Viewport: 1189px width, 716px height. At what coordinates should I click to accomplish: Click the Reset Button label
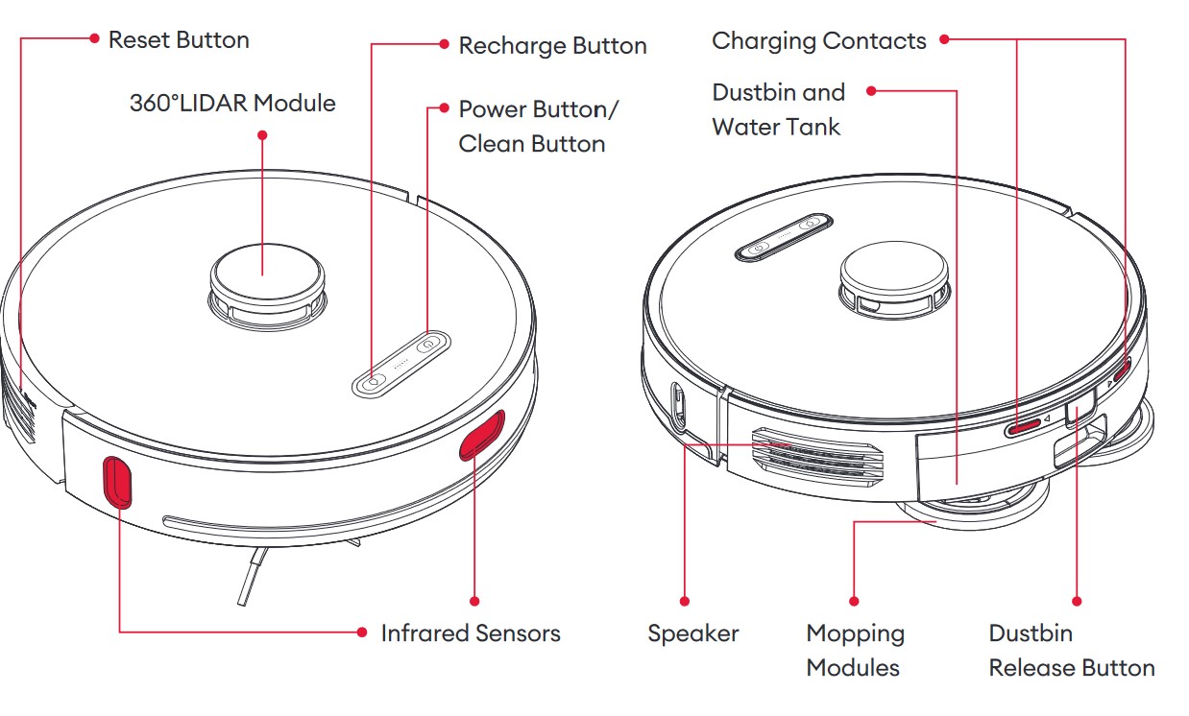coord(179,40)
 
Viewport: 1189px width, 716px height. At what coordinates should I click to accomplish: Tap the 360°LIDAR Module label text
coord(232,103)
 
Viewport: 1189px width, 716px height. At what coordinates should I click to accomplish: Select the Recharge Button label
coord(552,46)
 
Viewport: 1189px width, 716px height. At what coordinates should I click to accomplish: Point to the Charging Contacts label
coord(818,41)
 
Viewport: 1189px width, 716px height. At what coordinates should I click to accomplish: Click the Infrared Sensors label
coord(470,633)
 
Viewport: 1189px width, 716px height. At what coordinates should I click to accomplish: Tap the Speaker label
coord(692,633)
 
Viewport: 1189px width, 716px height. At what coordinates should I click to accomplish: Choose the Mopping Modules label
coord(854,651)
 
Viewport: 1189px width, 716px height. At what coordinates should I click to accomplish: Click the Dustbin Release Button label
coord(1071,651)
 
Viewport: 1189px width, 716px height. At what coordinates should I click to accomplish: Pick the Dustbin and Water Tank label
coord(778,109)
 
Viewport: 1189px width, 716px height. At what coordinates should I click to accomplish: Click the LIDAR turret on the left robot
coord(263,274)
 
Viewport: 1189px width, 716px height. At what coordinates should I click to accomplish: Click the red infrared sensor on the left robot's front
coord(117,481)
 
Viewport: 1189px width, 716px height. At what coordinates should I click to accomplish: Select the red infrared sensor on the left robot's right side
coord(481,434)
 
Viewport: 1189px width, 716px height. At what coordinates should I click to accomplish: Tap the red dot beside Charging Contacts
coord(944,39)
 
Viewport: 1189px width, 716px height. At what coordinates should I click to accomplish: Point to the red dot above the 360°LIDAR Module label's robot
coord(262,135)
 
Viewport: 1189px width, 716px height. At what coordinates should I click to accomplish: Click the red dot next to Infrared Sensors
coord(361,632)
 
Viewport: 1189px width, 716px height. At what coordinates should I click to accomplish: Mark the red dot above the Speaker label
coord(684,601)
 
